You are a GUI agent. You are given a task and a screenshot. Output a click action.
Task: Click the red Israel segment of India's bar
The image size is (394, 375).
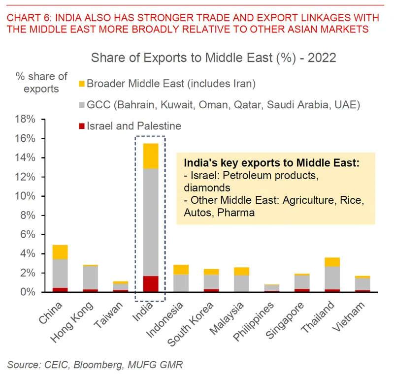point(151,284)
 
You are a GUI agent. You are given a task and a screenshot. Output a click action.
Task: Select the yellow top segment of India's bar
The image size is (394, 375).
point(151,156)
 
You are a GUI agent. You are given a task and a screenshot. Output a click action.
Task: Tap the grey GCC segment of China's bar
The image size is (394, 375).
point(60,274)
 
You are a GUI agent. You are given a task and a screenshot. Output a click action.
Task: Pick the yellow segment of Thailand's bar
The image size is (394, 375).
point(332,262)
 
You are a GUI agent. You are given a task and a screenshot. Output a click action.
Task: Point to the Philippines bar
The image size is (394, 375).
point(272,288)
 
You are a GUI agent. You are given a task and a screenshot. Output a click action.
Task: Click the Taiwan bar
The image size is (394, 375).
point(121,286)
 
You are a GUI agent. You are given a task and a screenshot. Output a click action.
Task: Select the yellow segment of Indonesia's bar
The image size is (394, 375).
point(181,270)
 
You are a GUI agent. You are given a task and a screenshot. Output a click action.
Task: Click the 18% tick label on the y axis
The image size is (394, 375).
point(25,119)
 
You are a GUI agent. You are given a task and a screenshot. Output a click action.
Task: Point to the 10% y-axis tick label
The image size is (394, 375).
point(25,196)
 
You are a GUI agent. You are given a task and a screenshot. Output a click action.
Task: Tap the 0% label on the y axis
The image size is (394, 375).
point(28,292)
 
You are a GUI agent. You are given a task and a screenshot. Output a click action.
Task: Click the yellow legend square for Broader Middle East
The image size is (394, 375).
point(82,84)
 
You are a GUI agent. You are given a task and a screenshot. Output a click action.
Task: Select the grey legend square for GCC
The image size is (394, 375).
point(82,105)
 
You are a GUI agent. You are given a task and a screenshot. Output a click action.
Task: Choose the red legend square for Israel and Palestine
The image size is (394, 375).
point(82,126)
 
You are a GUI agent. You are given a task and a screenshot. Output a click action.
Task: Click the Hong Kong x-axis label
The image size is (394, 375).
point(72,322)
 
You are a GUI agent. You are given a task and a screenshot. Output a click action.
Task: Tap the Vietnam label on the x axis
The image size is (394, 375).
point(348,317)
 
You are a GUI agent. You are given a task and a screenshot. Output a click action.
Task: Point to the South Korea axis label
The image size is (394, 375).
point(191,324)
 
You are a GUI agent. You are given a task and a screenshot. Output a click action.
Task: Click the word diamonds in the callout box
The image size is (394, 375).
point(207,188)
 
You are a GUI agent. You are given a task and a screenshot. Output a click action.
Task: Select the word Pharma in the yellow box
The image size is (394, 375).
point(236,213)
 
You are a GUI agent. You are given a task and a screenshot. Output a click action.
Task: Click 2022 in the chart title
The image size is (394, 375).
point(322,58)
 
